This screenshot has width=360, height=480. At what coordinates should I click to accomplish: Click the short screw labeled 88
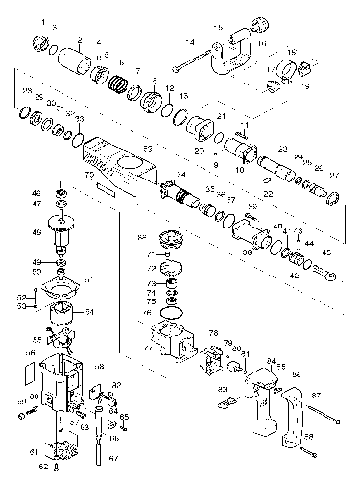coord(308,444)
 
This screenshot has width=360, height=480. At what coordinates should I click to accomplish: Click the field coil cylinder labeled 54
coord(63,313)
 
